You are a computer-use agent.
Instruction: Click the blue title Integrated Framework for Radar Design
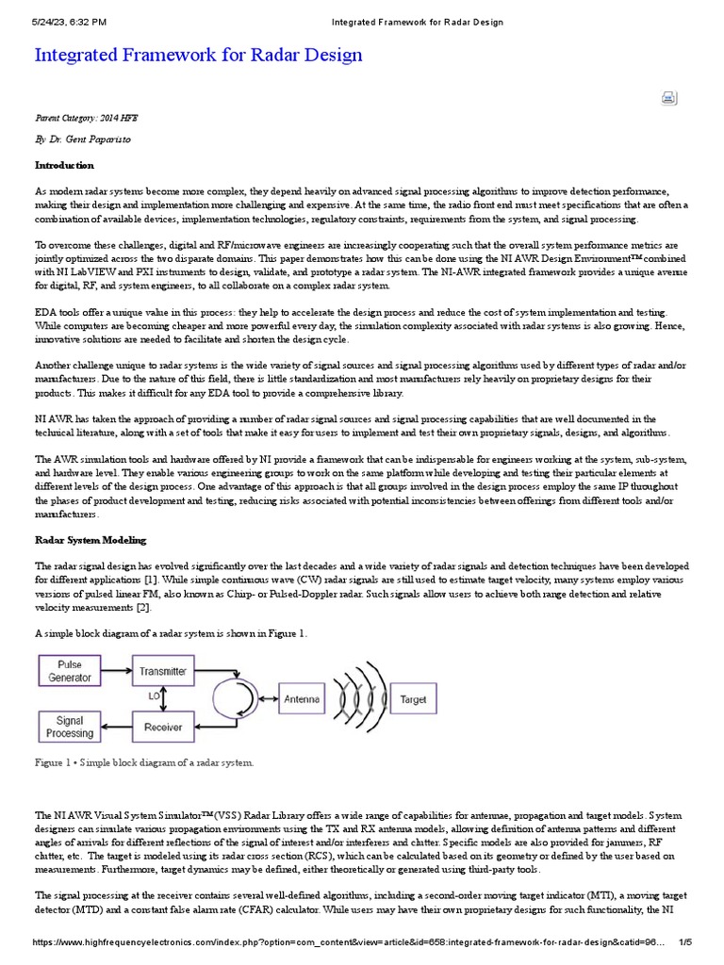198,55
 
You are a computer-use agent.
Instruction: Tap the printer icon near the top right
668,98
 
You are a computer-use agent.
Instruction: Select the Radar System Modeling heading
90,540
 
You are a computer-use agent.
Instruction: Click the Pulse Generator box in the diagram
70,671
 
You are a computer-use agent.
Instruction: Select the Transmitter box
163,672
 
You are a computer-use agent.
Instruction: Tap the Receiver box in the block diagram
163,727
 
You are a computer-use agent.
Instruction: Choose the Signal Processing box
70,727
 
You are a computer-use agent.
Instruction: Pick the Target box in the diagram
413,699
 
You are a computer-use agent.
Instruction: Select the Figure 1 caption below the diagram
144,761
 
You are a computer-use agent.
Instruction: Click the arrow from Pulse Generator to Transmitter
118,672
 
